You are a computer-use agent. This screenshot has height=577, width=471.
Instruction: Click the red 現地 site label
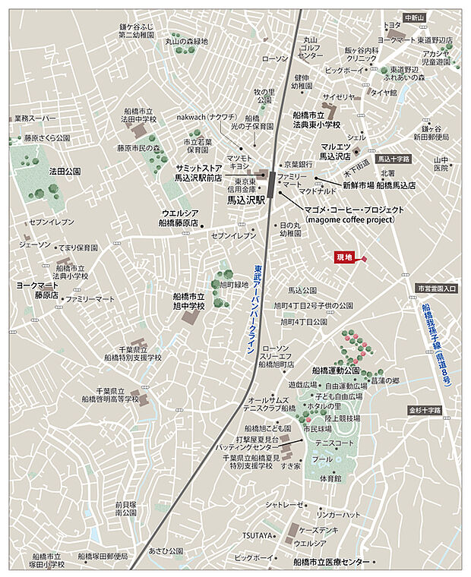point(344,257)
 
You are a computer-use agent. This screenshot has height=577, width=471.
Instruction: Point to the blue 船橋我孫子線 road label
point(437,345)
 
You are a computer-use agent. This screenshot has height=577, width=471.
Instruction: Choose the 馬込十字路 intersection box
point(394,159)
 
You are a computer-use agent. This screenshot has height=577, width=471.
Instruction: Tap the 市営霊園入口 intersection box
point(437,288)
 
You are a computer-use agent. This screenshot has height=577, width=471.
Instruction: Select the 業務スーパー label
point(36,118)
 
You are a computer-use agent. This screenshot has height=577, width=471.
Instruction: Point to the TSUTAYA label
point(258,535)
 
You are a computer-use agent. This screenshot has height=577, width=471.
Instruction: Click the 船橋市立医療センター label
point(330,562)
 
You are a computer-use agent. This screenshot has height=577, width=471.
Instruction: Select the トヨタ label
point(393,25)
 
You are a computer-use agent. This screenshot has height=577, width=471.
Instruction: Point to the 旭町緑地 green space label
point(235,284)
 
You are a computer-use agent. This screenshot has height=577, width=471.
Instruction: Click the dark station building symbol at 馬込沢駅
point(272,183)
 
